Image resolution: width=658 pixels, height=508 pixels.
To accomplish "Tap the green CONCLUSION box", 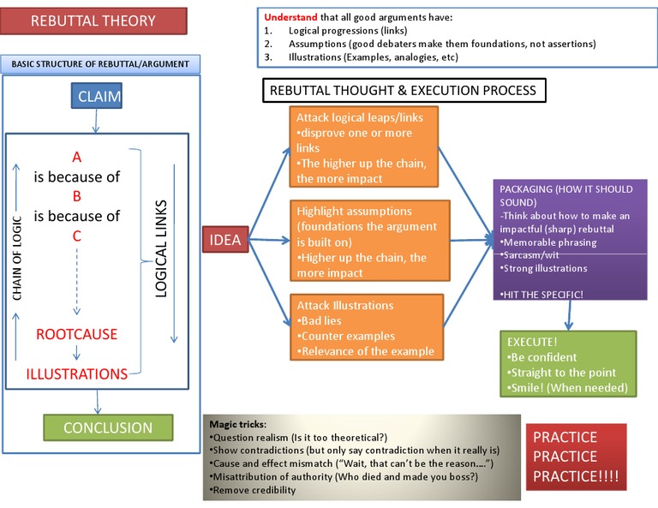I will [x=107, y=427].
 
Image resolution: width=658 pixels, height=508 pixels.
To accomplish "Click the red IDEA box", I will [x=224, y=242].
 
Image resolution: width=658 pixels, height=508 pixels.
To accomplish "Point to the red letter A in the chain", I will [x=76, y=157].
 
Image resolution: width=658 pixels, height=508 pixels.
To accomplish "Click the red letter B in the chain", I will [x=76, y=195].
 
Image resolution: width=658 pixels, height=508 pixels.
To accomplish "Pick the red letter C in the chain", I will [x=76, y=235].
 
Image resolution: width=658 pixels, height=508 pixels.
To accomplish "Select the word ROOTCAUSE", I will [x=77, y=334].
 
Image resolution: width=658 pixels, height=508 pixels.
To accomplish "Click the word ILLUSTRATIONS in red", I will [x=76, y=374].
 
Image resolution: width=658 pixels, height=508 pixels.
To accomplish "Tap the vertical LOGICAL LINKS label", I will [x=160, y=249].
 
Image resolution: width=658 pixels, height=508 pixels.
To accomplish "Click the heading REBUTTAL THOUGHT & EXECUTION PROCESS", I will [x=403, y=90].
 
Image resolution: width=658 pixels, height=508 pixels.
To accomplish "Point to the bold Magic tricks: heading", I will [x=237, y=424].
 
